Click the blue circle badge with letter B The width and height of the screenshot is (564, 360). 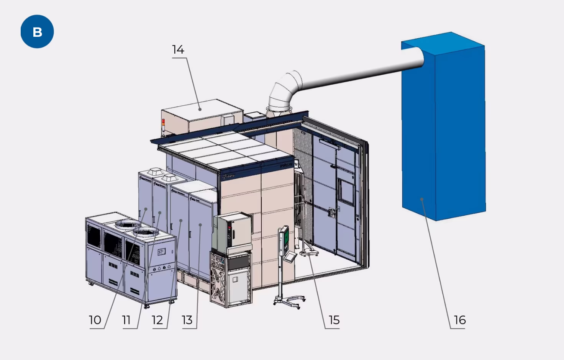click(37, 32)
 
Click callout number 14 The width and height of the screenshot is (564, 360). click(178, 50)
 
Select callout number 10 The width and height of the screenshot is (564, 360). click(95, 320)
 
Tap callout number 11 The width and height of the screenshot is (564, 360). click(126, 320)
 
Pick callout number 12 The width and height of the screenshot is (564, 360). click(157, 320)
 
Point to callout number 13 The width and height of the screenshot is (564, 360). click(187, 320)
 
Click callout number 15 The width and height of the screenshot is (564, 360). click(334, 320)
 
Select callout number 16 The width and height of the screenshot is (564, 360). click(460, 320)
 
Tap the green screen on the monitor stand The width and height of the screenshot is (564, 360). click(285, 238)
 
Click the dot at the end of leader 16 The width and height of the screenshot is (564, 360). click(422, 199)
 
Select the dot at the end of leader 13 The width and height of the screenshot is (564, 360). click(200, 225)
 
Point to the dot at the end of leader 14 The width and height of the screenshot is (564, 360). click(200, 109)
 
